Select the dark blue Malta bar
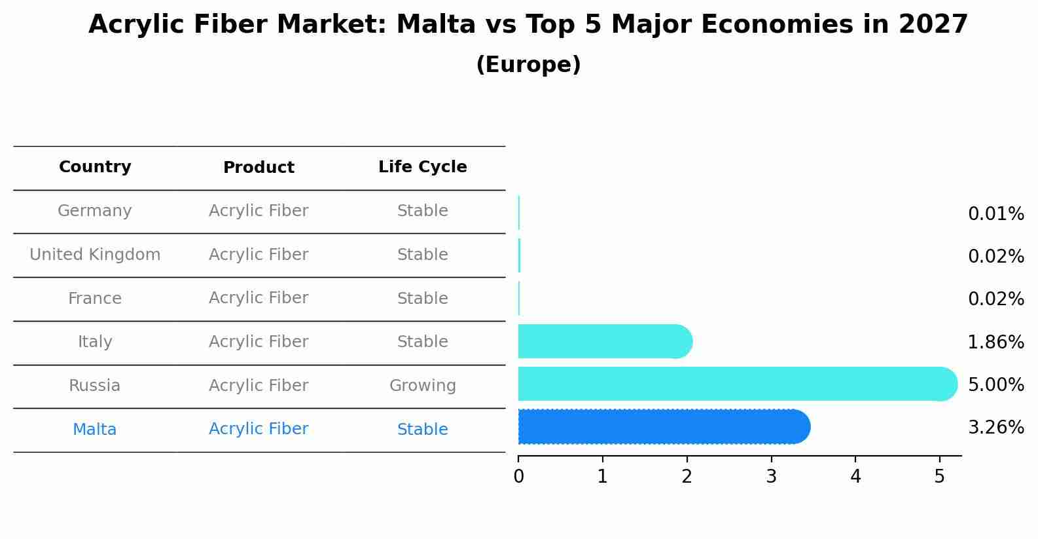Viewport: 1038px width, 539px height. coord(661,427)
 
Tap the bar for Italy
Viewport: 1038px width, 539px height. coord(602,341)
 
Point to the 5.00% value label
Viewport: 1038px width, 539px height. coord(995,384)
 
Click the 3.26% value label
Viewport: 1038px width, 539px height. coord(995,428)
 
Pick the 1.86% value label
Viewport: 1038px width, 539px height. coord(995,342)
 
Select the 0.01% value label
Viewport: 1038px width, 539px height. coord(995,214)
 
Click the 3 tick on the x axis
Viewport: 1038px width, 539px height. coord(771,477)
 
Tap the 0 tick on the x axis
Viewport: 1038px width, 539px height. coord(518,477)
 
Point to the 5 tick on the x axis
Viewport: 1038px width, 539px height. coord(939,477)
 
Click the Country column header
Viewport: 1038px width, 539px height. coord(95,167)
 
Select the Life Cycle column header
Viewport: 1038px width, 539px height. coord(422,167)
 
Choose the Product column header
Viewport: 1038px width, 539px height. coord(259,168)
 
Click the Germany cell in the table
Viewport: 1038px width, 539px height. coord(95,211)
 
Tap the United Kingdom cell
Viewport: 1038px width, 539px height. coord(95,255)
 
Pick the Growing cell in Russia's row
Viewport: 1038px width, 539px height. coord(422,386)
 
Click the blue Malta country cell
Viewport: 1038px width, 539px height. coord(95,430)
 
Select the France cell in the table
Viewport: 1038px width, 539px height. coord(95,299)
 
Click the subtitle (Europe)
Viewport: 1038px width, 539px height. coord(528,65)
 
